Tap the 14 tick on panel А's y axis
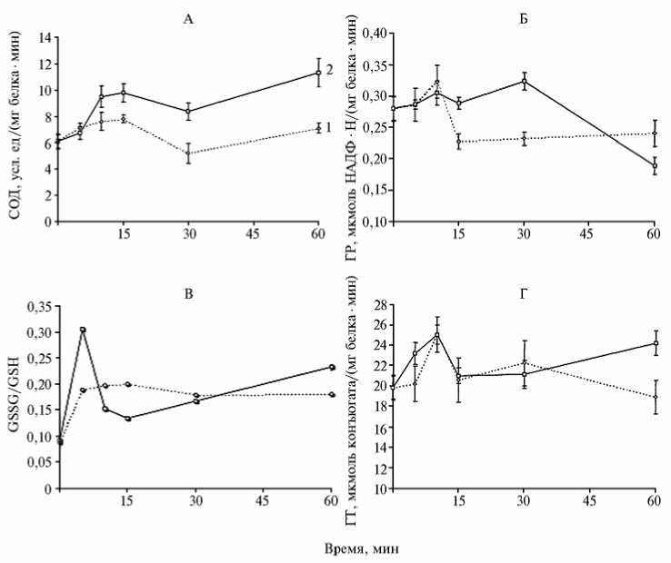click(44, 39)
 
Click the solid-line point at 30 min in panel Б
click(525, 81)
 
